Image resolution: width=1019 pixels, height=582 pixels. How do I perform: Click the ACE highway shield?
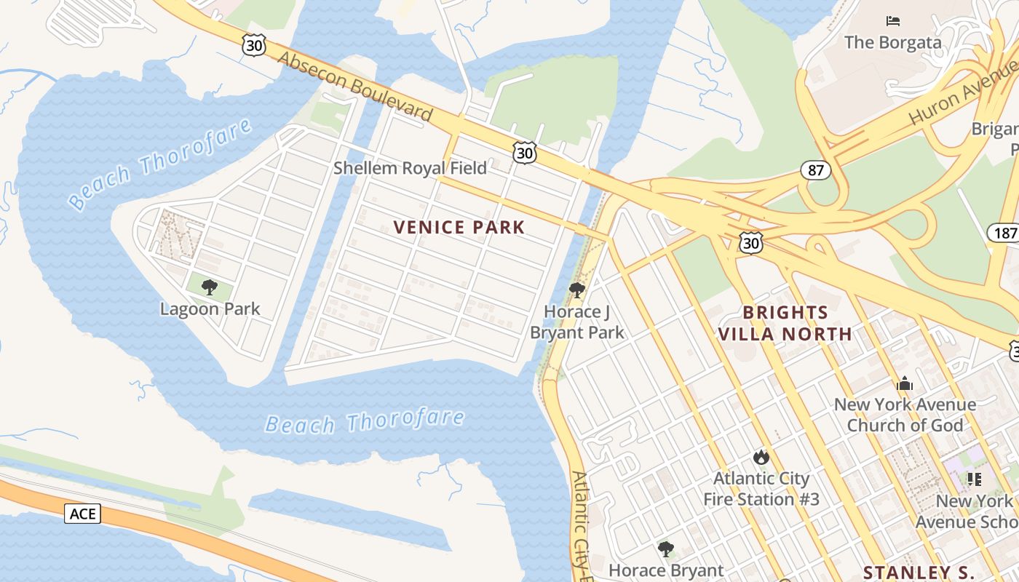click(x=83, y=514)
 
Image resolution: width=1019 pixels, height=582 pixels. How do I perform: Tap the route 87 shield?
click(x=816, y=170)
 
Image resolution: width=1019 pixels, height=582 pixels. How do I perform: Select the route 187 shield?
click(x=1003, y=233)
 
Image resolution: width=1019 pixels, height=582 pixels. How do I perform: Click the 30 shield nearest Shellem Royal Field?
click(x=524, y=152)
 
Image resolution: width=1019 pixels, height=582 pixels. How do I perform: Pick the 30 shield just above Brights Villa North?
click(x=750, y=243)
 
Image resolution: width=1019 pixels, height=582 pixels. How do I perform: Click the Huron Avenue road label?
click(x=962, y=93)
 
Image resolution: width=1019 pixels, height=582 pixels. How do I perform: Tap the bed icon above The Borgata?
click(x=893, y=21)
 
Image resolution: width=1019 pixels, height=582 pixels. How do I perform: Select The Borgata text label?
click(x=892, y=42)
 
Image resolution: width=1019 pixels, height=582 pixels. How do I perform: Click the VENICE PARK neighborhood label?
click(x=459, y=227)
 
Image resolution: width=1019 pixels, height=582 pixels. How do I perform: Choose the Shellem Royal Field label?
click(x=410, y=168)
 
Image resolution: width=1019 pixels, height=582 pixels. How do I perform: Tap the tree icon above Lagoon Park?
click(x=210, y=287)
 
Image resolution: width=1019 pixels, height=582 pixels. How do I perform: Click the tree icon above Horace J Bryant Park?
click(x=577, y=291)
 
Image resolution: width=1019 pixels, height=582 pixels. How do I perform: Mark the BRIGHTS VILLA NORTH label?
click(x=785, y=323)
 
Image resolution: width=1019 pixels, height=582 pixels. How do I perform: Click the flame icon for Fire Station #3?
click(x=761, y=457)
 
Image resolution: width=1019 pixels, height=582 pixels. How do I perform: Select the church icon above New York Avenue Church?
click(x=905, y=383)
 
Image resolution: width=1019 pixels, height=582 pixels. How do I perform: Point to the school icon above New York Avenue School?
click(x=975, y=479)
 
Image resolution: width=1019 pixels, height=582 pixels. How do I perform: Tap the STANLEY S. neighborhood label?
click(x=919, y=571)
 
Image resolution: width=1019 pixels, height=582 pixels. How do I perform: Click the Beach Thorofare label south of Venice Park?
click(x=364, y=421)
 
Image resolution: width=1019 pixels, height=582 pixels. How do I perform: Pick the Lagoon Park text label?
click(x=210, y=308)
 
